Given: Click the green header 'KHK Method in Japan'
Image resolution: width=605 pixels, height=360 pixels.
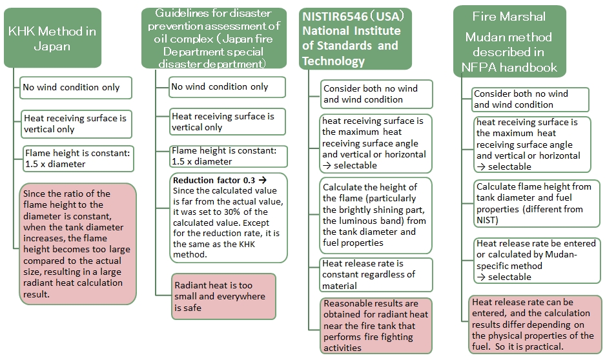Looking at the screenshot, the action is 52,38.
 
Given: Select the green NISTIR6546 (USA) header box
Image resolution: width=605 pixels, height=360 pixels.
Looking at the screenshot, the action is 355,39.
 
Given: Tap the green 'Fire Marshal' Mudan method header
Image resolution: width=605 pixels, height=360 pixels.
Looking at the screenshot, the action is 509,41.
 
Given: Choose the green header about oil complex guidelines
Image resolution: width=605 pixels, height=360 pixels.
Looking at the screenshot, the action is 214,38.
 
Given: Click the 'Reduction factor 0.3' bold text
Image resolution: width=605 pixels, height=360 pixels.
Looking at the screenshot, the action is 214,180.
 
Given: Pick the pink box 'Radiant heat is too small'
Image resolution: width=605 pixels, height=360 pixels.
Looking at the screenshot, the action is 224,296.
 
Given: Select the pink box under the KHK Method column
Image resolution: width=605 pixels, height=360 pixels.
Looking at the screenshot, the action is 78,244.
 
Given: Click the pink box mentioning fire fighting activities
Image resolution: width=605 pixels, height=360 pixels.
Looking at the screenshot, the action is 376,326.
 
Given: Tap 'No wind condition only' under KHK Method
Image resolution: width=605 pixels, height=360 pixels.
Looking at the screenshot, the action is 76,88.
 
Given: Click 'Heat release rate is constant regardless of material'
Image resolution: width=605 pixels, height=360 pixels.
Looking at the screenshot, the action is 376,275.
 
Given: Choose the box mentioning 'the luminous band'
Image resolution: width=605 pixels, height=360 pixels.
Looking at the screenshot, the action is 375,215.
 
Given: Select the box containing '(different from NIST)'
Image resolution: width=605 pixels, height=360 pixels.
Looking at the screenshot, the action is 537,203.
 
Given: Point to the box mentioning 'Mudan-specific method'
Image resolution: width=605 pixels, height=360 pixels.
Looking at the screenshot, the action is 537,260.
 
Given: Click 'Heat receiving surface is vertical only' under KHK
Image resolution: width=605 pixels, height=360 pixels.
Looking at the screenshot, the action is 76,124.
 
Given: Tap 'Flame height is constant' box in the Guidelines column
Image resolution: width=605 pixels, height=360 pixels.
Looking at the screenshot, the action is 229,156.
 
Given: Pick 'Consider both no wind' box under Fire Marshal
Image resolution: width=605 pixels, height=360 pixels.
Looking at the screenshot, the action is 531,99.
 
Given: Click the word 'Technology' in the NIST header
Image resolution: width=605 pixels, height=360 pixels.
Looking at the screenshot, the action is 333,61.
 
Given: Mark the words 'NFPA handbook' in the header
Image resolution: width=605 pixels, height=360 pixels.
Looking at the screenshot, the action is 509,68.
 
